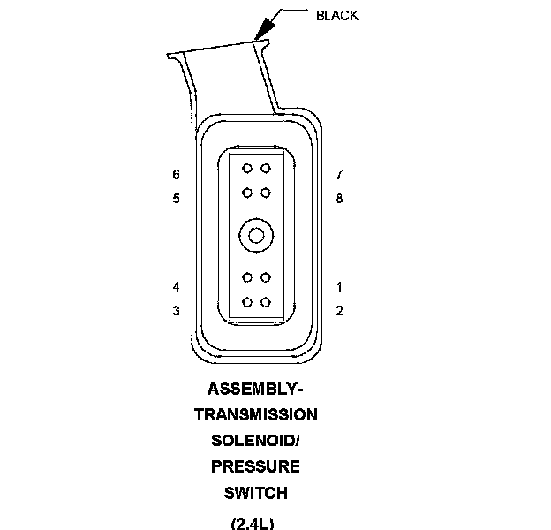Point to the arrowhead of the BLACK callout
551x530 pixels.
pyautogui.click(x=263, y=33)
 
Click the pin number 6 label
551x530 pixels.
pyautogui.click(x=177, y=175)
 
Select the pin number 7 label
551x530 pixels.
pyautogui.click(x=339, y=175)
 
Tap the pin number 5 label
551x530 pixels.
pyautogui.click(x=177, y=199)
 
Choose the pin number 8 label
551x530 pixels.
pyautogui.click(x=339, y=199)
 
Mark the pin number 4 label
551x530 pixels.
pyautogui.click(x=177, y=287)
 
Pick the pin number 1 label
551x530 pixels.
pyautogui.click(x=339, y=287)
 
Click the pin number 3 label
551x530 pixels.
pyautogui.click(x=177, y=311)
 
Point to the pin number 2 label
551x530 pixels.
pyautogui.click(x=339, y=311)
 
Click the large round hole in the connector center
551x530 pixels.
pyautogui.click(x=256, y=235)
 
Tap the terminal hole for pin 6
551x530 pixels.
pyautogui.click(x=247, y=169)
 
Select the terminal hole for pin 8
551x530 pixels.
pyautogui.click(x=266, y=192)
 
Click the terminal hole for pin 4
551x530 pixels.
pyautogui.click(x=247, y=279)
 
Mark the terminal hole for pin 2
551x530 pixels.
pyautogui.click(x=266, y=302)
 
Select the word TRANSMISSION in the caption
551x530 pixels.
pyautogui.click(x=256, y=415)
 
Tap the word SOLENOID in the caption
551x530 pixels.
pyautogui.click(x=253, y=441)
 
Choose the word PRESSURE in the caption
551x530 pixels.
pyautogui.click(x=255, y=466)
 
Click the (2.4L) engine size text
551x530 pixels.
pyautogui.click(x=253, y=522)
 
